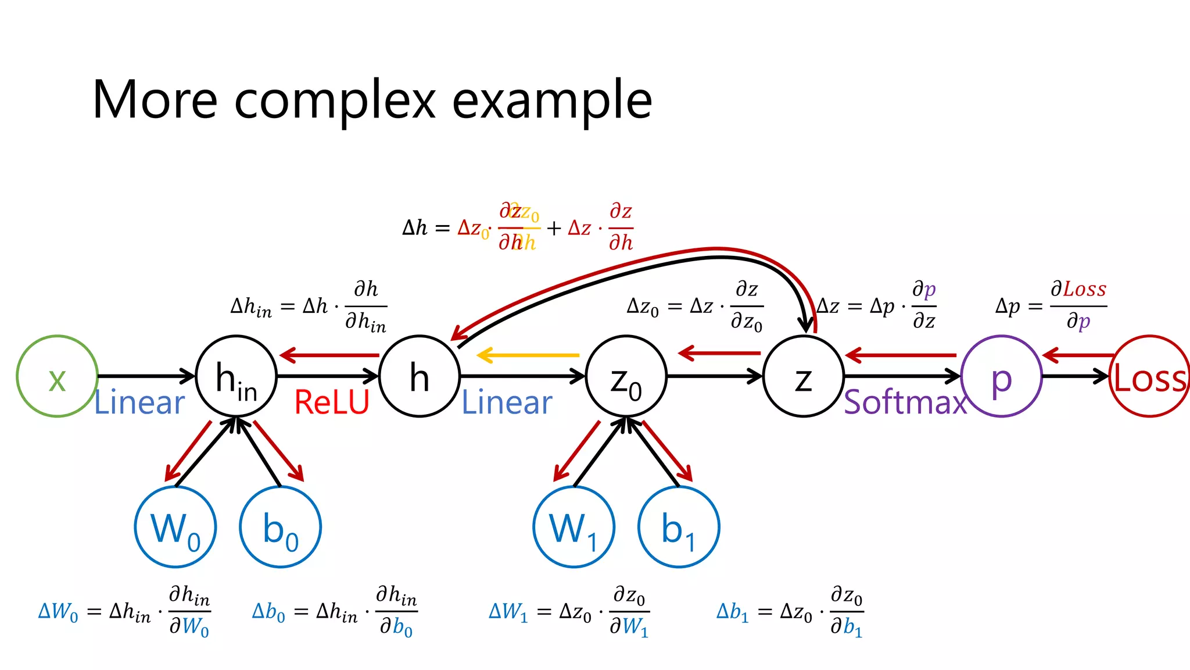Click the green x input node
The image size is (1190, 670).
click(57, 376)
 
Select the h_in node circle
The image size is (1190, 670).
click(236, 376)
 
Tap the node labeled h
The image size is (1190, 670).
click(420, 376)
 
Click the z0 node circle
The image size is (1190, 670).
click(626, 376)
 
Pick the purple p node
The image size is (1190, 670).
click(1001, 376)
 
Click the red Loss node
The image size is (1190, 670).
click(1149, 376)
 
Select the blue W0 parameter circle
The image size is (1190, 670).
click(175, 527)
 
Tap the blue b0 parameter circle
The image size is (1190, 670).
click(280, 527)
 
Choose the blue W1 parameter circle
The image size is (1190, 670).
click(574, 527)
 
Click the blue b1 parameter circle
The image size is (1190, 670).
click(678, 527)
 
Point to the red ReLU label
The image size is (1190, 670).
click(332, 402)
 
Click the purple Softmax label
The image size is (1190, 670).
click(905, 402)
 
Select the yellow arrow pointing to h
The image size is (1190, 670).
click(528, 355)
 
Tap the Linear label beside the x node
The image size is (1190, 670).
click(139, 402)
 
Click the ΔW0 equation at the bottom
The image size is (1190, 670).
click(124, 612)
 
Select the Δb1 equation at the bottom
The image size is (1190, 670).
click(790, 612)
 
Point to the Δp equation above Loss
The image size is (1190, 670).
click(1051, 306)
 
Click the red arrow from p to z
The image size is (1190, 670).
click(901, 355)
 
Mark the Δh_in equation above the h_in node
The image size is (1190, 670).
click(309, 307)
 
